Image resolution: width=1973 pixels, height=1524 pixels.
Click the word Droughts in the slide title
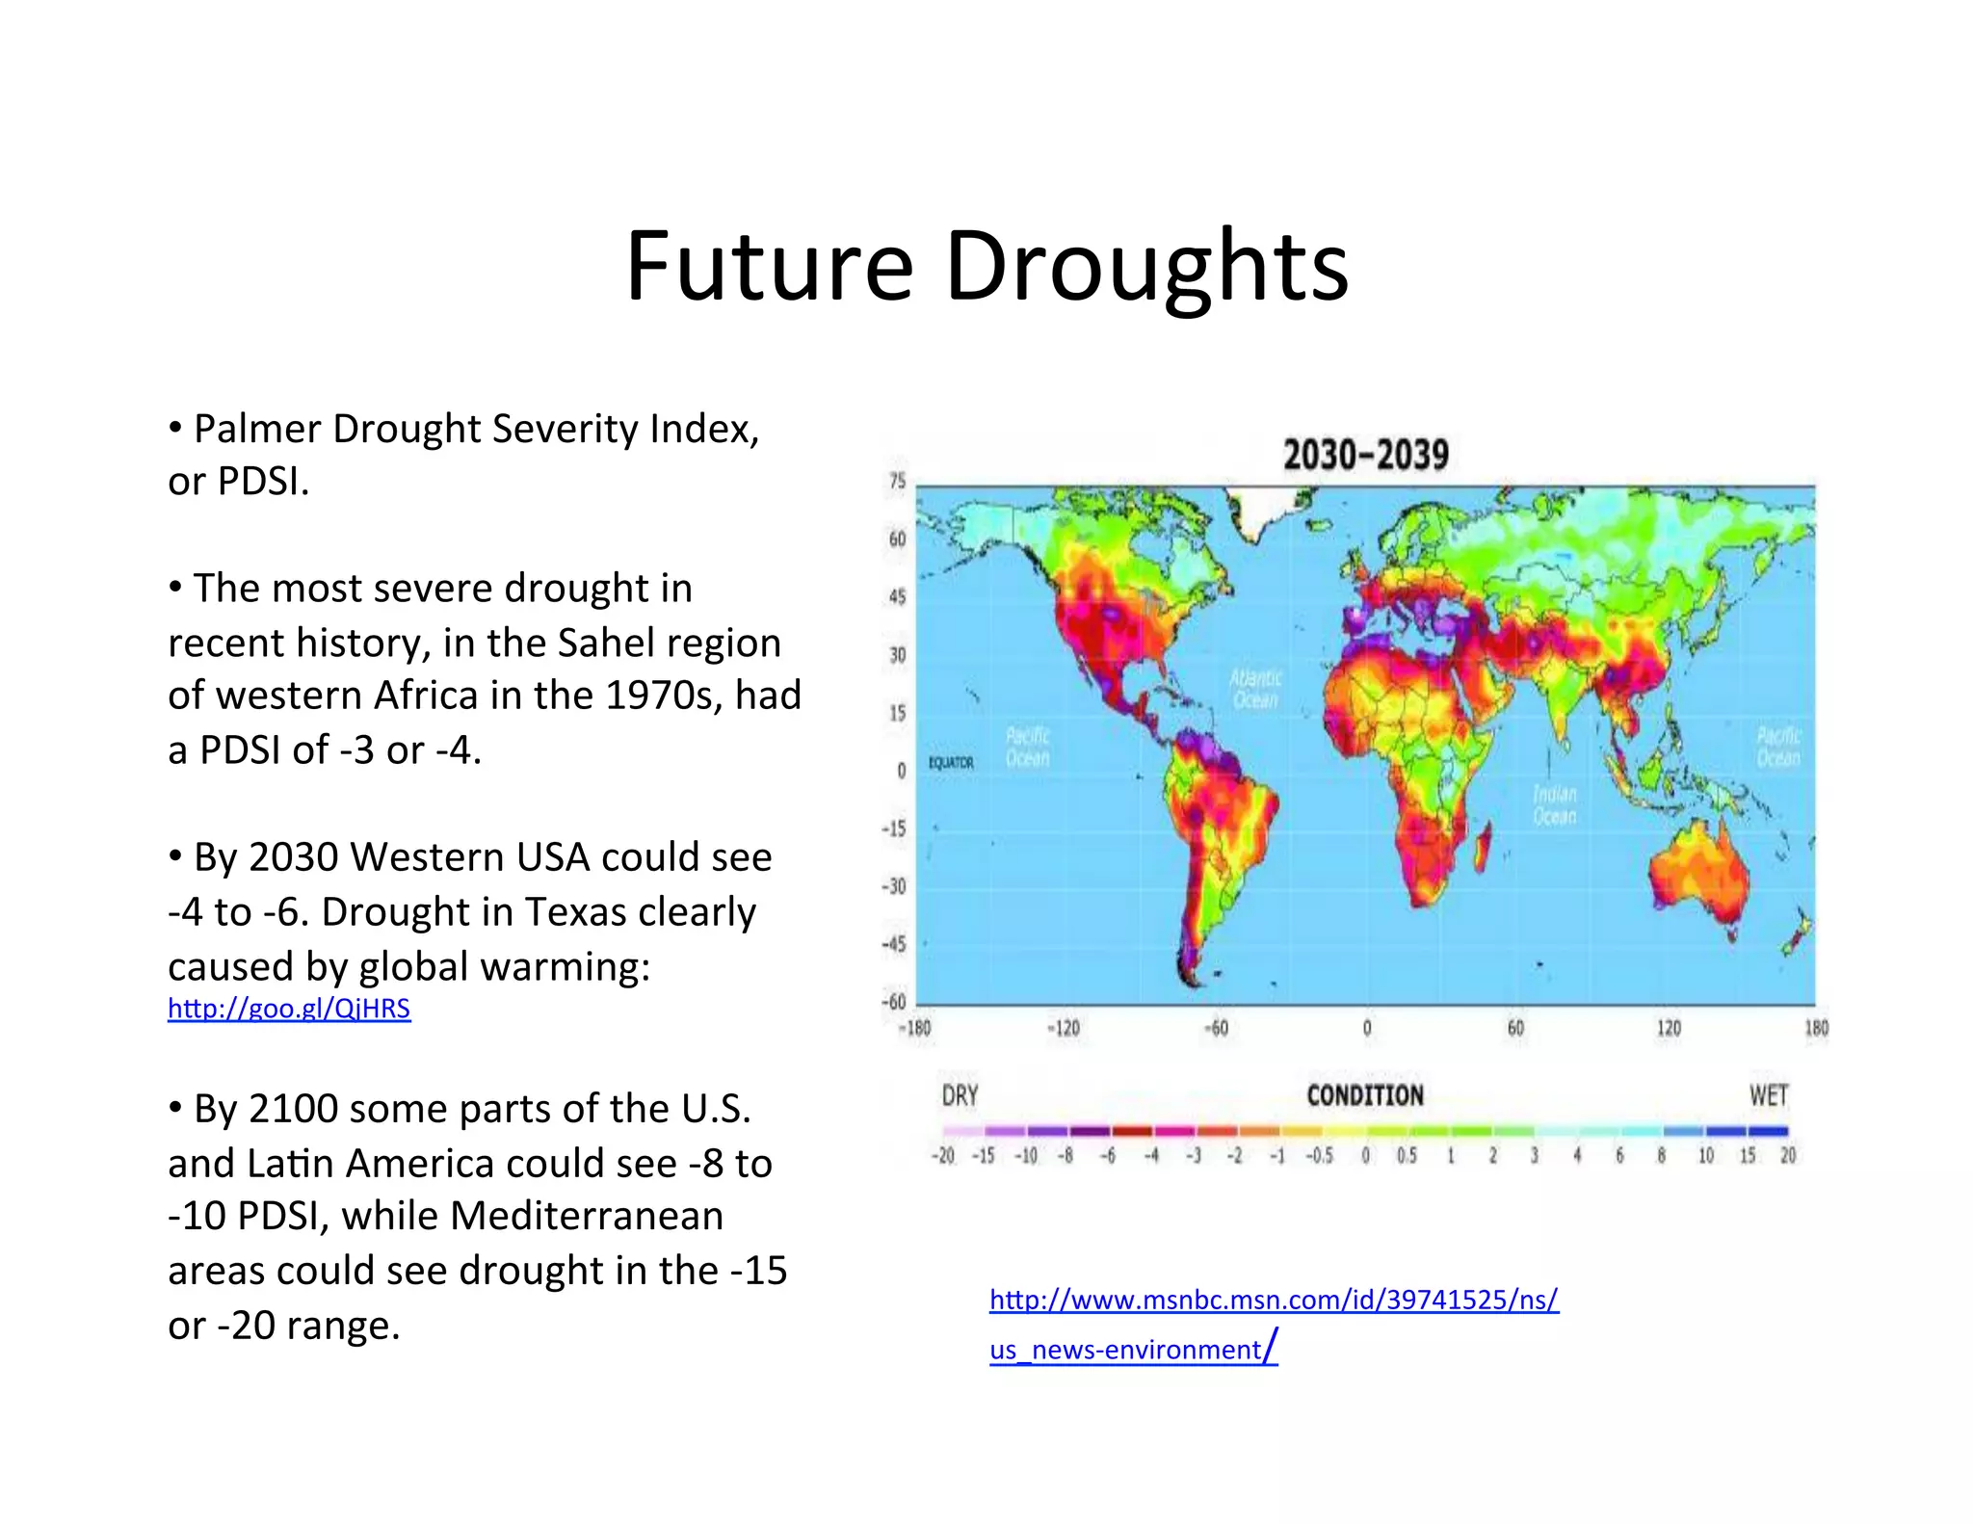click(1146, 267)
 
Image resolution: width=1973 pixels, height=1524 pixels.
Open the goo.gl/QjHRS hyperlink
click(289, 1009)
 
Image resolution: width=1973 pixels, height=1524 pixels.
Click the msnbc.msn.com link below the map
click(1274, 1301)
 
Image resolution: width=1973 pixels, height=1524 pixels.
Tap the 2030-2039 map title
click(1365, 455)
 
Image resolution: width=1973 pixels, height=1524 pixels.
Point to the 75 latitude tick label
click(897, 482)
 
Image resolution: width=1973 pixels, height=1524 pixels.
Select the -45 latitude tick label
click(895, 944)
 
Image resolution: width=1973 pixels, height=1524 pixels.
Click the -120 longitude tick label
click(1064, 1029)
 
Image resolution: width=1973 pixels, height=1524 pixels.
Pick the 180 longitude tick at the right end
click(1816, 1029)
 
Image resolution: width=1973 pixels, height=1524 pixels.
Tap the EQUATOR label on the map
click(951, 763)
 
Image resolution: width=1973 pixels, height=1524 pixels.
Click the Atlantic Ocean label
click(1255, 689)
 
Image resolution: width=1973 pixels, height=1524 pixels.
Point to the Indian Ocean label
click(1555, 805)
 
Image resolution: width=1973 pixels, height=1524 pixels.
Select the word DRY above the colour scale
click(960, 1096)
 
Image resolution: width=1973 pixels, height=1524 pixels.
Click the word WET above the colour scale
click(1769, 1096)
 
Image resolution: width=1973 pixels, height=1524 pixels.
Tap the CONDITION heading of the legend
click(1365, 1096)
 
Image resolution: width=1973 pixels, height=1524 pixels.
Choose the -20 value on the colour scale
click(942, 1156)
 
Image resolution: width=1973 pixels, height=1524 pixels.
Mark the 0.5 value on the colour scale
click(1407, 1156)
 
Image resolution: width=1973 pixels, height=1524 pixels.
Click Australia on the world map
click(1697, 877)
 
